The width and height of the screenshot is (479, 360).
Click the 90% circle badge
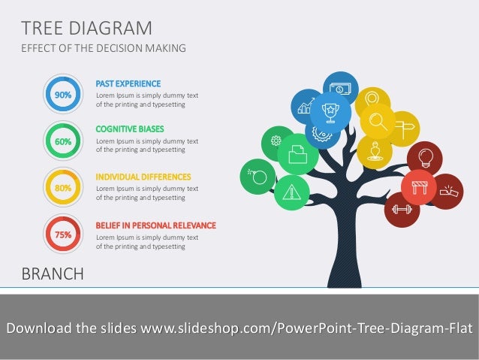click(x=63, y=95)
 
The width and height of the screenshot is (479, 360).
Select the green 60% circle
click(x=63, y=141)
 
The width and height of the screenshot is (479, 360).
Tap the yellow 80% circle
click(x=63, y=188)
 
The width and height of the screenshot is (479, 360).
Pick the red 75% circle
click(x=63, y=234)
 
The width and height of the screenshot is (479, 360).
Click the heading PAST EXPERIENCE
click(x=128, y=83)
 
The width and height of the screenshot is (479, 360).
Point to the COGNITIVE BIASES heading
click(x=130, y=129)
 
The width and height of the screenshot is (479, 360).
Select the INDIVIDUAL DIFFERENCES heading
click(x=143, y=177)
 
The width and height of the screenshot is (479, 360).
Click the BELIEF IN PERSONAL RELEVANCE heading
click(x=155, y=225)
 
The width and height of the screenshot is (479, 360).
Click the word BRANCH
click(x=53, y=274)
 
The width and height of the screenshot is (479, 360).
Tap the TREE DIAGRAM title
click(x=87, y=29)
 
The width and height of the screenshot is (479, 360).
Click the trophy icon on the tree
click(x=329, y=111)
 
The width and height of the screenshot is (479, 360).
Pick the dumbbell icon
click(x=402, y=209)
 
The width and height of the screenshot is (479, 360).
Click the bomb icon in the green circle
click(x=258, y=177)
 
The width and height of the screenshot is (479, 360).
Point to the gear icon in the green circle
click(x=276, y=140)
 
